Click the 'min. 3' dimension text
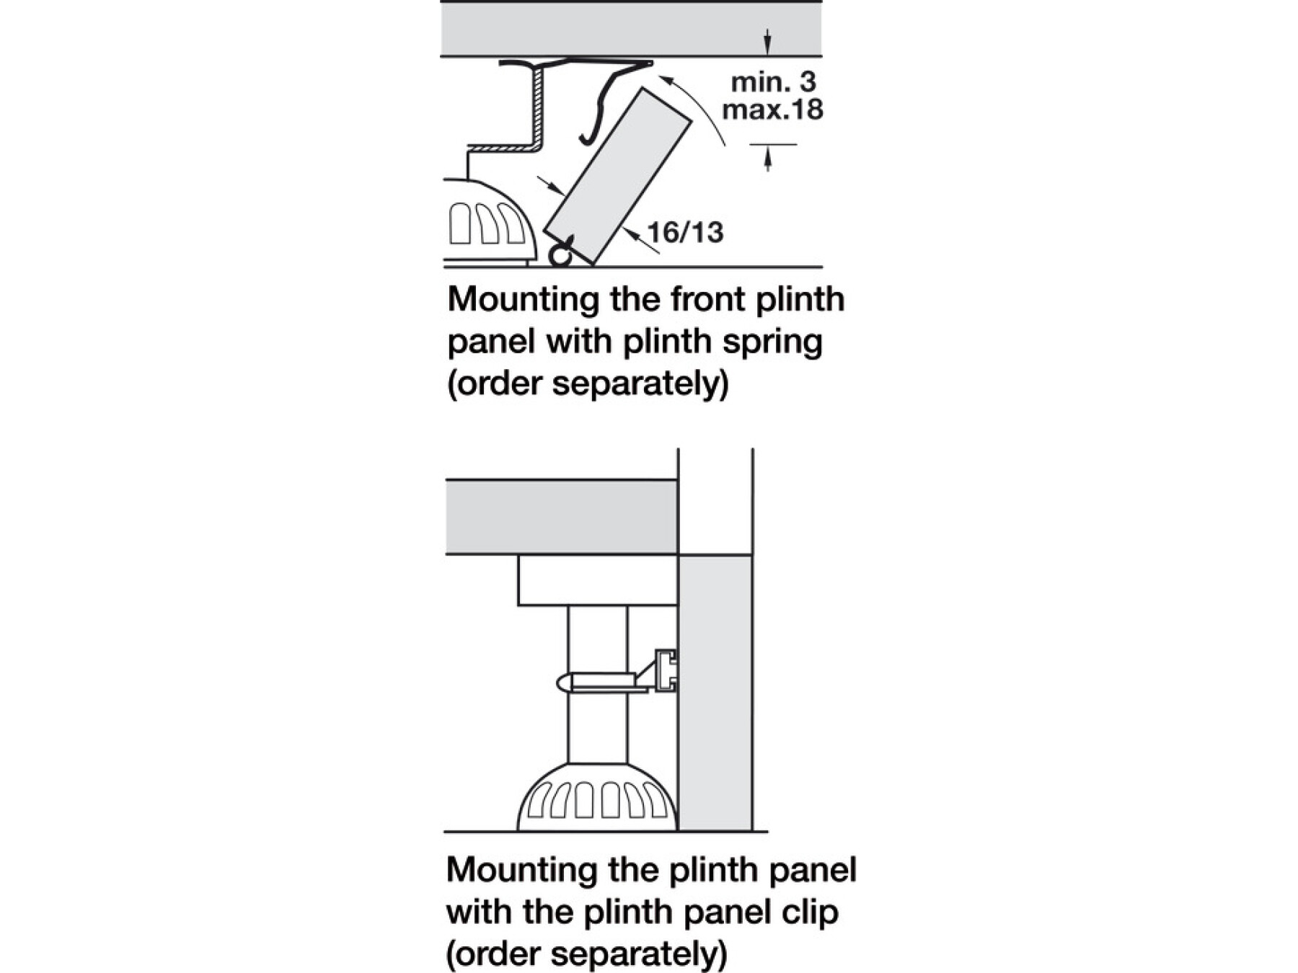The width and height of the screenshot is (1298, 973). (773, 82)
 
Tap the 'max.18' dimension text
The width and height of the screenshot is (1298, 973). (772, 110)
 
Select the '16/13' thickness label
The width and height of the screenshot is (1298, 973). (684, 232)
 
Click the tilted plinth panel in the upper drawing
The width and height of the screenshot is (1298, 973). (617, 177)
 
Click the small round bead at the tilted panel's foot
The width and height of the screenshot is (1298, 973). (559, 255)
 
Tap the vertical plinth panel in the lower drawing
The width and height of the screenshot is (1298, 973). (715, 692)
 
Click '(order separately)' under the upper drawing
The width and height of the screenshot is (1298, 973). (588, 383)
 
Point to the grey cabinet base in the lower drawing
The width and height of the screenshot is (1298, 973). (561, 517)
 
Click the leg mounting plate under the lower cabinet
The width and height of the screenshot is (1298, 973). (597, 580)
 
